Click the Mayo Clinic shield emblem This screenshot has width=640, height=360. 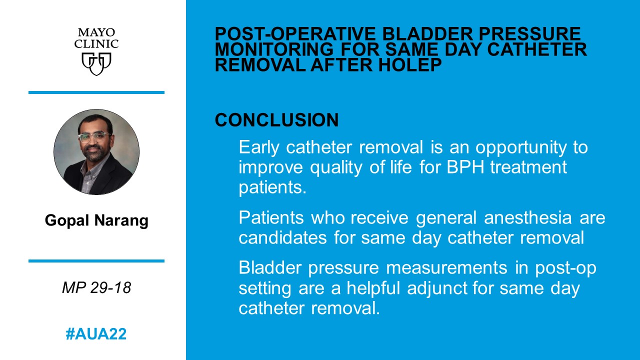pos(96,63)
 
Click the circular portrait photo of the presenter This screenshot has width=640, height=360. pos(96,152)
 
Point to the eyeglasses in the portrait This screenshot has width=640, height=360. pos(93,136)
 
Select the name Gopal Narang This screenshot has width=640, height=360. pos(96,220)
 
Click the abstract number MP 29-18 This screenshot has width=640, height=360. pos(96,287)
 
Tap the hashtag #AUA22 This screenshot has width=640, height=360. pos(96,334)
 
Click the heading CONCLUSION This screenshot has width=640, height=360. pos(276,120)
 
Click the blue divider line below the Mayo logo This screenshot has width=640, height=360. pos(96,92)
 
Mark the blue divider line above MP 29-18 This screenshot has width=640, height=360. pos(96,261)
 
